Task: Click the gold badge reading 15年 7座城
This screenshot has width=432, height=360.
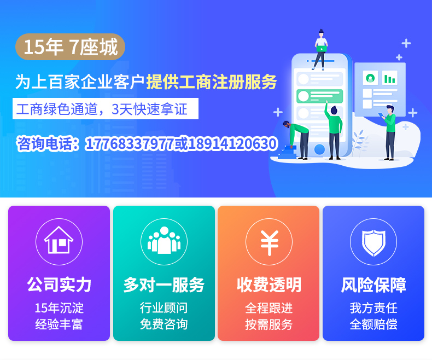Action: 70,47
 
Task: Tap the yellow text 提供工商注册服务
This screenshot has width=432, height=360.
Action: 211,82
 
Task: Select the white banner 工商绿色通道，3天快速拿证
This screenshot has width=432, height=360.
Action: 106,109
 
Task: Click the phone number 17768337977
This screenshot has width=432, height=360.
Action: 130,143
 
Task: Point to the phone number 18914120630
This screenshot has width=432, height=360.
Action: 233,143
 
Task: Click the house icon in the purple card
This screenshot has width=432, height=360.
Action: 59,240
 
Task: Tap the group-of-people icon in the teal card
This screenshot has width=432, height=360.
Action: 164,240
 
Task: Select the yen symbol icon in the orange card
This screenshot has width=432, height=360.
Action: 269,242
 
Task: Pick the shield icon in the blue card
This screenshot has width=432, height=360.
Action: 373,242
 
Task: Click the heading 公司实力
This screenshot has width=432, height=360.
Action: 59,284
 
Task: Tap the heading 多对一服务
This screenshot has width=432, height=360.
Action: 164,284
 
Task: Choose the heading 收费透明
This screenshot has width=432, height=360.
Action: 269,284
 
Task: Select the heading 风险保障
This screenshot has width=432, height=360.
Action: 373,284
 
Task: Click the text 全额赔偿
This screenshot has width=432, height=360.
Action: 373,324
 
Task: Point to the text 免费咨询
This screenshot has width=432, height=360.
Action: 164,324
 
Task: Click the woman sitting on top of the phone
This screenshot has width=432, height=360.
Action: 320,49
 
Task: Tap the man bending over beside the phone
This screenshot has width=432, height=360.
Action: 296,140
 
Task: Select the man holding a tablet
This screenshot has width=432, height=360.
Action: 389,132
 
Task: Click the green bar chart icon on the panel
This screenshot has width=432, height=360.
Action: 389,79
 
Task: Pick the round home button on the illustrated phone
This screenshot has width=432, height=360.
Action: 319,149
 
